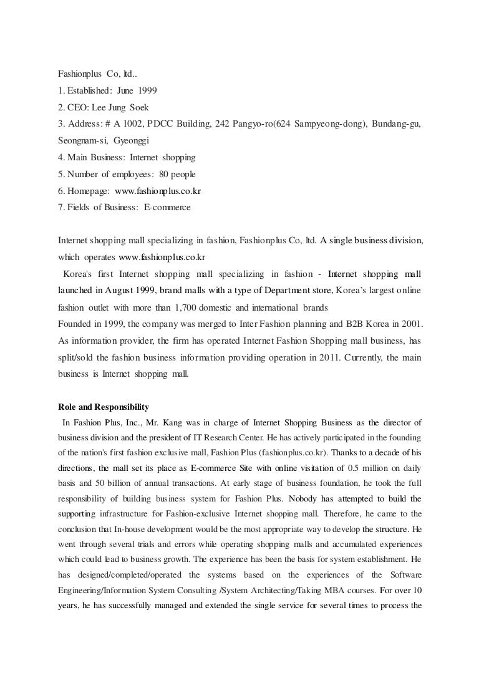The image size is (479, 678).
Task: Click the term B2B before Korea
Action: coord(363,324)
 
